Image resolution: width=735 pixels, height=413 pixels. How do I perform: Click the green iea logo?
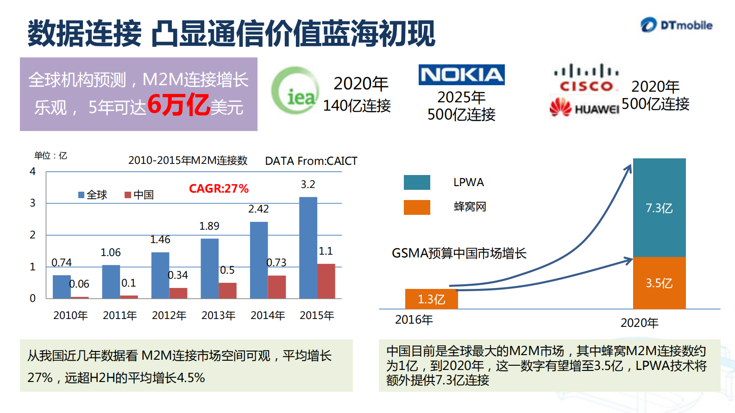(x=295, y=91)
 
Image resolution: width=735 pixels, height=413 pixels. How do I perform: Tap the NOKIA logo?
(x=461, y=75)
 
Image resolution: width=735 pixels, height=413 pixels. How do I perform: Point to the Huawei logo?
(x=584, y=108)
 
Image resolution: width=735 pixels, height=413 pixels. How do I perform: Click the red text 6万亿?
(x=178, y=105)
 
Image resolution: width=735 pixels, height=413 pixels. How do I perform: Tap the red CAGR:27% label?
(x=219, y=188)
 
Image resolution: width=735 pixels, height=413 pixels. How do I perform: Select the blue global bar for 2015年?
(x=308, y=247)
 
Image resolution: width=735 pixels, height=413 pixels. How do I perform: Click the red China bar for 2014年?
(x=276, y=287)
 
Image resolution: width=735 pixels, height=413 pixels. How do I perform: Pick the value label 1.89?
(x=209, y=226)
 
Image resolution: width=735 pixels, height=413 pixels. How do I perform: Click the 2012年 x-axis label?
(x=169, y=315)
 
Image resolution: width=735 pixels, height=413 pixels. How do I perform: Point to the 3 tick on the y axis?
(x=32, y=203)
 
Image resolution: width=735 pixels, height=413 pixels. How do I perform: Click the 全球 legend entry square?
(x=82, y=195)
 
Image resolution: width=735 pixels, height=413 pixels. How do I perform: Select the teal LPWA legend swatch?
(x=416, y=182)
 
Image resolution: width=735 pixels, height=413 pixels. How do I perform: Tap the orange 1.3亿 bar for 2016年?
(x=431, y=299)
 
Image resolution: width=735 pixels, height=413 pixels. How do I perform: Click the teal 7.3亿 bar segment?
(x=659, y=207)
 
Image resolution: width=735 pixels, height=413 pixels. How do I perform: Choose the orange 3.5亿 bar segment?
(x=659, y=283)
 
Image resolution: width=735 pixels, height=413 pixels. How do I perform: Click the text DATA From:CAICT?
(x=311, y=161)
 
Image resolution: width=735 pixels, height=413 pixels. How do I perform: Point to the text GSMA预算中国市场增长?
(x=459, y=253)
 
